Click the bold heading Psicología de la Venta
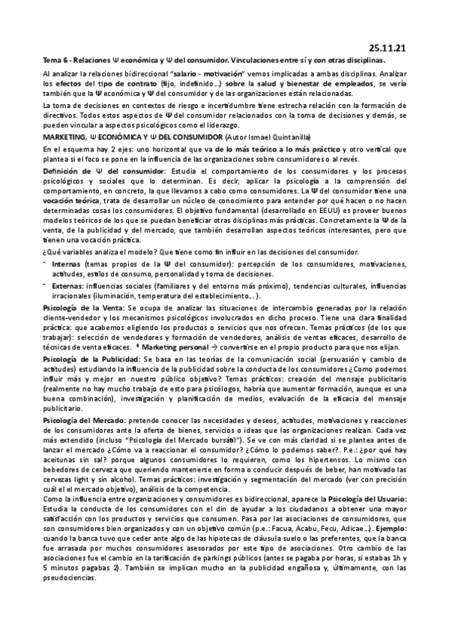[x=83, y=307]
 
